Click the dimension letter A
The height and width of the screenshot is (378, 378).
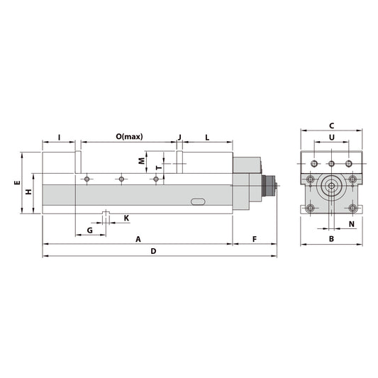(x=138, y=238)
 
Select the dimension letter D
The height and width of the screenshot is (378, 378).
(x=152, y=251)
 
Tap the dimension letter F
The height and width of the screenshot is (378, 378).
(x=255, y=238)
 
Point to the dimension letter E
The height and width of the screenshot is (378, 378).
(x=16, y=183)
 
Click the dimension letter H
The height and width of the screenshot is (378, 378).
(x=28, y=192)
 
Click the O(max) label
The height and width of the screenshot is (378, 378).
(x=129, y=135)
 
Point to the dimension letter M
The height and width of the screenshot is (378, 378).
(x=140, y=161)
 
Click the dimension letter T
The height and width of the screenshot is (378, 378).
(x=158, y=168)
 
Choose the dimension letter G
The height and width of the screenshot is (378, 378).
(x=89, y=230)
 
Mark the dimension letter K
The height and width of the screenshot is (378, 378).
(x=126, y=218)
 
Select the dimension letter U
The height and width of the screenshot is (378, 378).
(x=331, y=138)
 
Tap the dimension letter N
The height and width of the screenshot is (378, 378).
(x=352, y=224)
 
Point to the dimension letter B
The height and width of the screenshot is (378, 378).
(x=331, y=239)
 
